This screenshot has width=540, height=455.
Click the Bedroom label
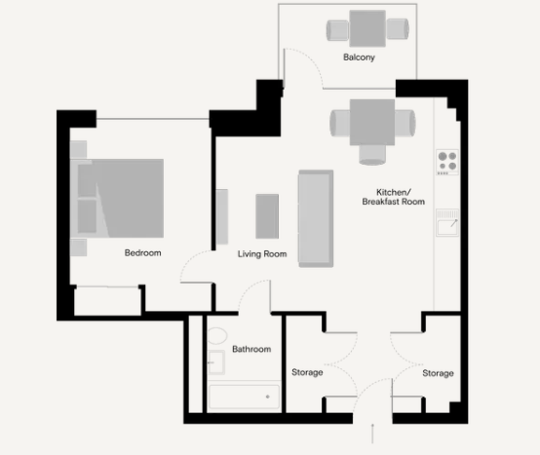pyautogui.click(x=143, y=253)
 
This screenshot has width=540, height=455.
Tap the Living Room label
pyautogui.click(x=262, y=254)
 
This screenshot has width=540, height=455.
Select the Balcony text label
pyautogui.click(x=359, y=57)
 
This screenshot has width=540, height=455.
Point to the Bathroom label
pyautogui.click(x=251, y=349)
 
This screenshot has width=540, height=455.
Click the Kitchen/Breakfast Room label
pyautogui.click(x=393, y=197)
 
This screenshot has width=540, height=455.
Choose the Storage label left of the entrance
pyautogui.click(x=307, y=372)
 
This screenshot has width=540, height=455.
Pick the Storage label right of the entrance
pyautogui.click(x=438, y=373)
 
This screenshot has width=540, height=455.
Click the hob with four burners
pyautogui.click(x=447, y=162)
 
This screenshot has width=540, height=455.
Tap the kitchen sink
pyautogui.click(x=447, y=222)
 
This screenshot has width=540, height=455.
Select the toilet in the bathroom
pyautogui.click(x=217, y=335)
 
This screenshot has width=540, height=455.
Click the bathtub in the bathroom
pyautogui.click(x=245, y=397)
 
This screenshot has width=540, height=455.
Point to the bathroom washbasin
pyautogui.click(x=216, y=362)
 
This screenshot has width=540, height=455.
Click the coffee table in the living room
pyautogui.click(x=267, y=216)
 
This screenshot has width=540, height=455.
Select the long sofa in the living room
pyautogui.click(x=316, y=218)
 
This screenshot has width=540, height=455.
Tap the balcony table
pyautogui.click(x=367, y=28)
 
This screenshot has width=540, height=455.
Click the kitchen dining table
pyautogui.click(x=372, y=122)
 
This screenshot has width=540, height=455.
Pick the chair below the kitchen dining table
pyautogui.click(x=372, y=155)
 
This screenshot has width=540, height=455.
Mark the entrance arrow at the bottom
pyautogui.click(x=372, y=434)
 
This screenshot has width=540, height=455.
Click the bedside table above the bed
pyautogui.click(x=79, y=149)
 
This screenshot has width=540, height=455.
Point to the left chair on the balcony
pyautogui.click(x=338, y=30)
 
